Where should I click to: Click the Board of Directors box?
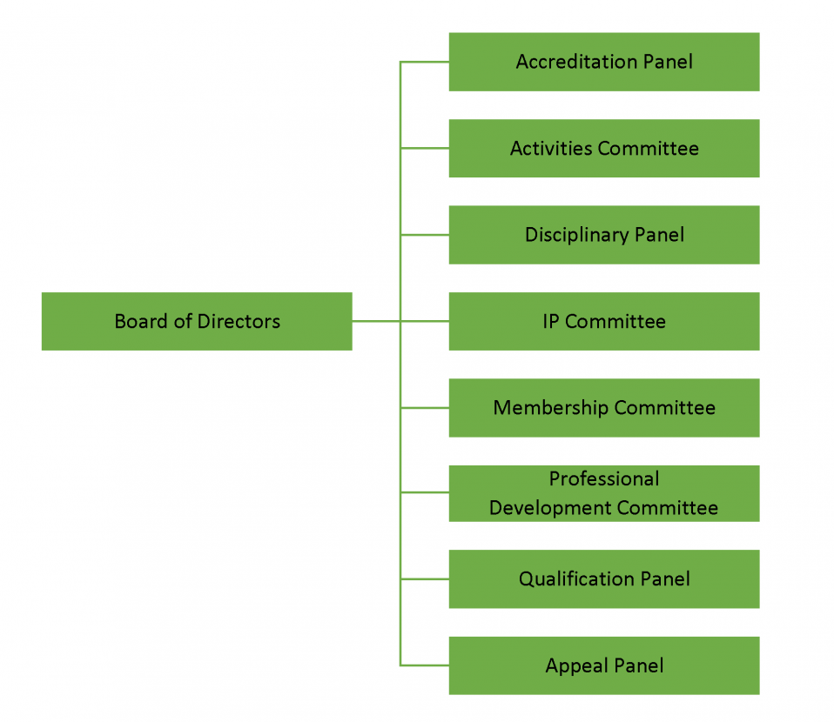(x=197, y=321)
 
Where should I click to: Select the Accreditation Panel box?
(x=603, y=62)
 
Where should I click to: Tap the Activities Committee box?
(x=603, y=148)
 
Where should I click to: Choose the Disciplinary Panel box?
(x=603, y=235)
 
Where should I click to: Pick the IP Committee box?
(x=603, y=321)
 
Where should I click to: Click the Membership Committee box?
(x=603, y=408)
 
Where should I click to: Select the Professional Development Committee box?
(x=603, y=493)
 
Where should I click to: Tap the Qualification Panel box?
(x=603, y=578)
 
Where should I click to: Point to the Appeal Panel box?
(x=603, y=665)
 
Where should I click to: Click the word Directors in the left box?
(x=239, y=321)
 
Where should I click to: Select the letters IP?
(x=551, y=321)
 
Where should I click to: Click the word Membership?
(x=550, y=408)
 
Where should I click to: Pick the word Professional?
(x=603, y=479)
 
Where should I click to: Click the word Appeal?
(x=575, y=665)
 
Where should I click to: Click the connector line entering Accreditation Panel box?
(x=425, y=62)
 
